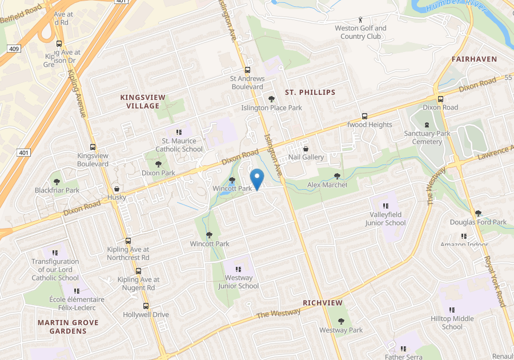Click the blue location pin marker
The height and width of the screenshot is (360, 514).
pyautogui.click(x=257, y=179)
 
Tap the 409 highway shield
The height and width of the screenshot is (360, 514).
pyautogui.click(x=14, y=49)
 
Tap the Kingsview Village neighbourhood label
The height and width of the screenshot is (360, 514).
pyautogui.click(x=143, y=102)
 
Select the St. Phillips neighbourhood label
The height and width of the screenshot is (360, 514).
pyautogui.click(x=310, y=92)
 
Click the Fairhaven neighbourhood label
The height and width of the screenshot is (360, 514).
pyautogui.click(x=474, y=59)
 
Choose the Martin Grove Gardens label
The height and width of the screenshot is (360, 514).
pyautogui.click(x=68, y=327)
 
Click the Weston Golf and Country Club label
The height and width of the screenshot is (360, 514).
pyautogui.click(x=360, y=32)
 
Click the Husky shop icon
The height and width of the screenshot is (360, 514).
pyautogui.click(x=117, y=189)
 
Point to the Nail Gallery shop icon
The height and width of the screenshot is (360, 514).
pyautogui.click(x=306, y=149)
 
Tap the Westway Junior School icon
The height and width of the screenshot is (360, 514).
pyautogui.click(x=238, y=269)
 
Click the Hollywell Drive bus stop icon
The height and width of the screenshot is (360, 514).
pyautogui.click(x=146, y=306)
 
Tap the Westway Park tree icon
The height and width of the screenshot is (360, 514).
pyautogui.click(x=341, y=321)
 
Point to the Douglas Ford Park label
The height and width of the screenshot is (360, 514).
pyautogui.click(x=478, y=222)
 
